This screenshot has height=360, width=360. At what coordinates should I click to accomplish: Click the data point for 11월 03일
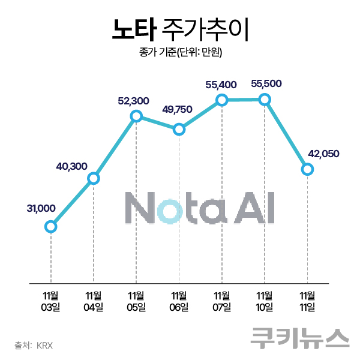point(51,226)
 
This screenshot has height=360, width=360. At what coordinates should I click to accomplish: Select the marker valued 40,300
point(94,178)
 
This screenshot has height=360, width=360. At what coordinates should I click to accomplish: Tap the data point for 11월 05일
point(136,116)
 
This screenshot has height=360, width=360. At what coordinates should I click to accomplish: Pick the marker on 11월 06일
point(179,129)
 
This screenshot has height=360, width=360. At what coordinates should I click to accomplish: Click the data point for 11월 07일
point(222,100)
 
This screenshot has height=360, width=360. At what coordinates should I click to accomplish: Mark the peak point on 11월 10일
point(265,99)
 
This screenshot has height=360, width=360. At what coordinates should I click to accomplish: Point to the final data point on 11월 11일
point(307,169)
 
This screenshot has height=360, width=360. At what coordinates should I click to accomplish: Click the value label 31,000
point(41,208)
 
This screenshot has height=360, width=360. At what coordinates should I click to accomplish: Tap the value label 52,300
point(134,100)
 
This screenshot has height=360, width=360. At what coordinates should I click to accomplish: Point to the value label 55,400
point(221,85)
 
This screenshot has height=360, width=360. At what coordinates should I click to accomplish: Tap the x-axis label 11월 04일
point(94,301)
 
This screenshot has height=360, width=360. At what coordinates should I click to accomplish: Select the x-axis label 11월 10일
point(265,301)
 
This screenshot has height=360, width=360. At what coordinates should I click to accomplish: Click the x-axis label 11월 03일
point(51,301)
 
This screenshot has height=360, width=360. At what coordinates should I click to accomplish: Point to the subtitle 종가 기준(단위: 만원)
point(180,53)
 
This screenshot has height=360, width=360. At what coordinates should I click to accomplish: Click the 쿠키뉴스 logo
point(300,337)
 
